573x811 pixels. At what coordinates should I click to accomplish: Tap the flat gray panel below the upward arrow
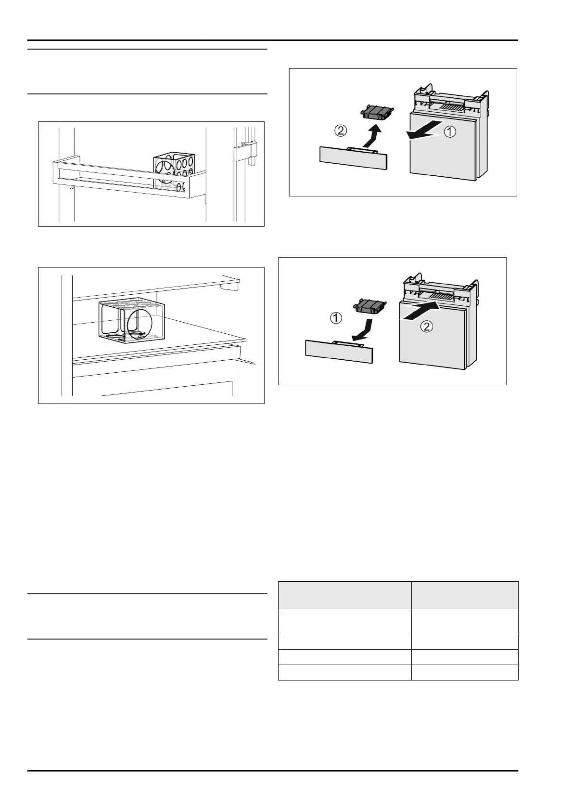click(x=353, y=158)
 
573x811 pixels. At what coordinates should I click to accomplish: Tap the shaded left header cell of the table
click(x=344, y=595)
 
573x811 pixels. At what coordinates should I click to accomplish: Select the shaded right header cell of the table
click(x=465, y=595)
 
